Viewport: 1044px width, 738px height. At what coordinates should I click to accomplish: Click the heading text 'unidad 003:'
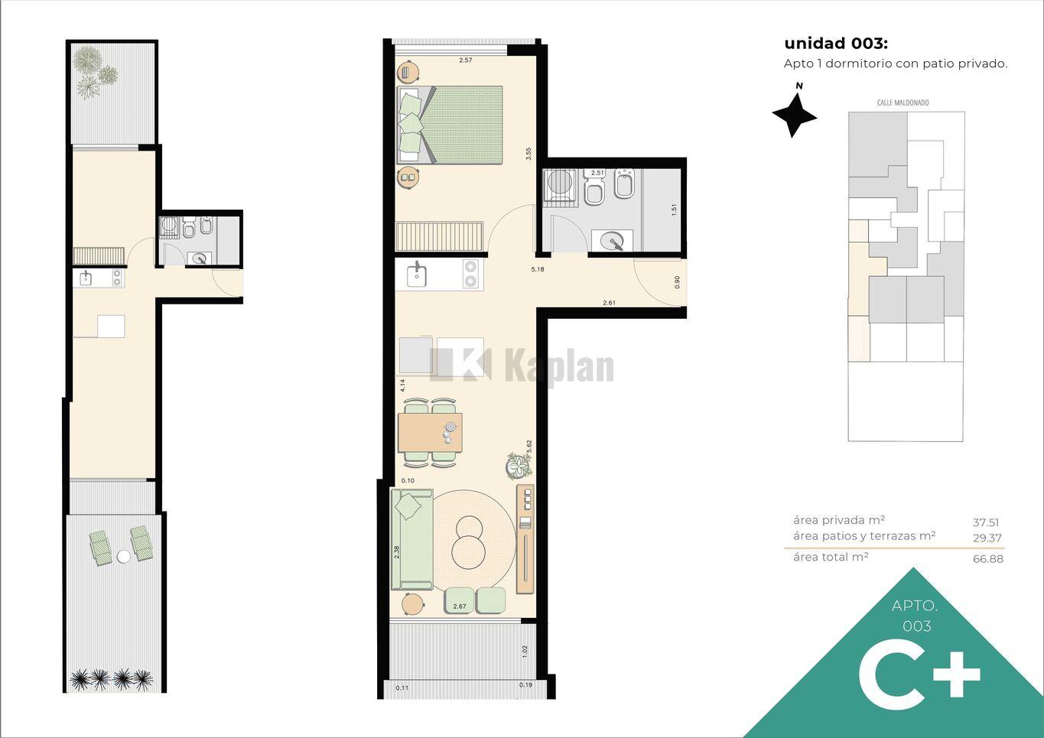click(836, 44)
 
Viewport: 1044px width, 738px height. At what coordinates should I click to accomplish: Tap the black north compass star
click(794, 115)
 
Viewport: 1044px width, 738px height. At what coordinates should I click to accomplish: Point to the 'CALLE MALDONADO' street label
click(903, 103)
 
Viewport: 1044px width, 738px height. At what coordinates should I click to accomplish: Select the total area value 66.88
click(987, 558)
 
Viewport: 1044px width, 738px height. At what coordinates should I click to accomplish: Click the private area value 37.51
click(986, 522)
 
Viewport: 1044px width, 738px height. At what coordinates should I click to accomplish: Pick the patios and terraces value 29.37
click(987, 538)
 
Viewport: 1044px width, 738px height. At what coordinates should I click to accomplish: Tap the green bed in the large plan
click(450, 125)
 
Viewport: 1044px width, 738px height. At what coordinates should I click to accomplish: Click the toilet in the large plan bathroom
click(594, 187)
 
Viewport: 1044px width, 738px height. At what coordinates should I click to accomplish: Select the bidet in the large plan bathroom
click(625, 184)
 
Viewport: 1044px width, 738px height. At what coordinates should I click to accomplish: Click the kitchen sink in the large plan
click(416, 274)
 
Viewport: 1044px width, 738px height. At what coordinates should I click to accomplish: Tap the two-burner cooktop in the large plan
click(470, 274)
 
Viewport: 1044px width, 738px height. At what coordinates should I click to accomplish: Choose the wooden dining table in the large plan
click(430, 432)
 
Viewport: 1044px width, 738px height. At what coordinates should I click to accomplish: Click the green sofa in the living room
click(412, 539)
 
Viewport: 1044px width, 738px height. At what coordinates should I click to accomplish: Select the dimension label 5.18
click(538, 269)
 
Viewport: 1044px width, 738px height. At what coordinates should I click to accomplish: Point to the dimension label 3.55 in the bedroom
click(529, 154)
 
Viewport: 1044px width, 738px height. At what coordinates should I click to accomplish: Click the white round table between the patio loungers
click(123, 556)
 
